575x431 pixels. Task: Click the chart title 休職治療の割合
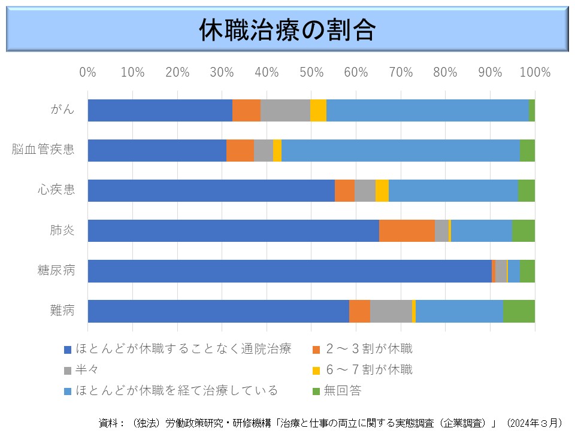click(287, 31)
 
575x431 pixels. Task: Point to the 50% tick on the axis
click(311, 72)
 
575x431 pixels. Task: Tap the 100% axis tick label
click(535, 72)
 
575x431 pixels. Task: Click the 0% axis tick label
click(88, 72)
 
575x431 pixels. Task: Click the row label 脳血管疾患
click(43, 150)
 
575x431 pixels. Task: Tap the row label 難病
click(62, 311)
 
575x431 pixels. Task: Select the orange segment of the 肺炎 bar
click(407, 231)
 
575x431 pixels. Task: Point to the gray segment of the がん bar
click(285, 111)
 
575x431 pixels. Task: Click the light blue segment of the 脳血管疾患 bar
click(400, 151)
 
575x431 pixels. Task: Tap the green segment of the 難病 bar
click(519, 311)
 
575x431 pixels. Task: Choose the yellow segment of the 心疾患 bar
click(382, 191)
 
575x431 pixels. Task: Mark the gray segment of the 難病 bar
click(391, 311)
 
